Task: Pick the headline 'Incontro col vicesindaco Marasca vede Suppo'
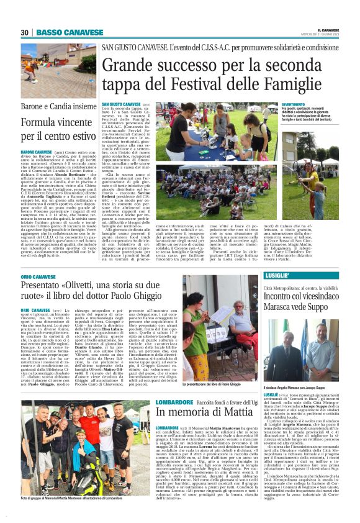tap(305, 301)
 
